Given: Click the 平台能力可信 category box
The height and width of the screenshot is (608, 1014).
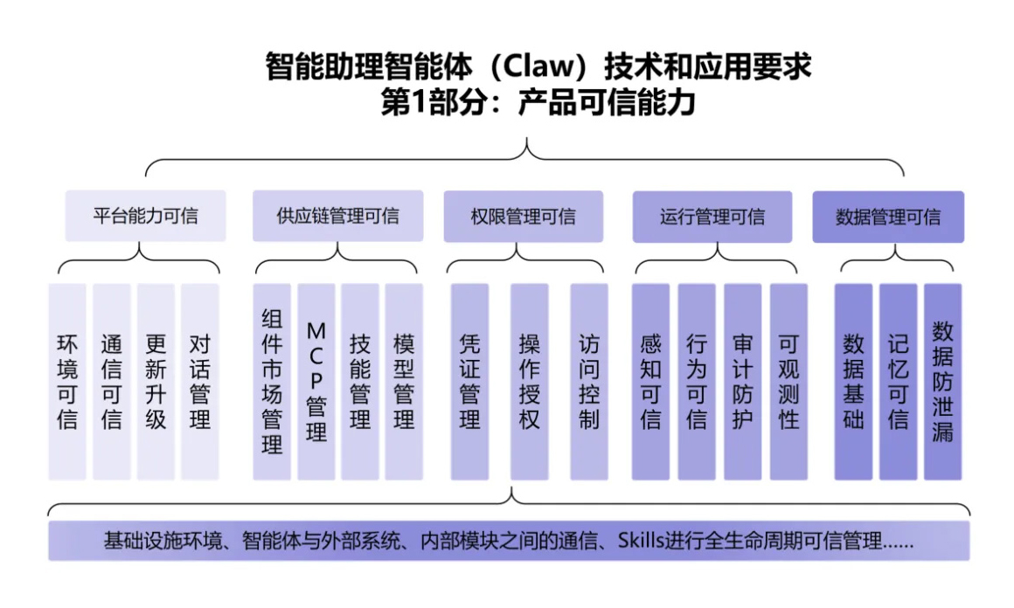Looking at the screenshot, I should pos(145,217).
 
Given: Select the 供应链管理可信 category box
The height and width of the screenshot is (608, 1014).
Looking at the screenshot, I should pos(337,217).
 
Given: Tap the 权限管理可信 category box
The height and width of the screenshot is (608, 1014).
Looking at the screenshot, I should pos(523,217).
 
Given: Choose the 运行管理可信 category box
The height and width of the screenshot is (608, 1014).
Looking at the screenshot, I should pos(712,217).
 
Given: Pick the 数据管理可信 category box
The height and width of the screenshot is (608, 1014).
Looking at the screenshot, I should pos(888,217).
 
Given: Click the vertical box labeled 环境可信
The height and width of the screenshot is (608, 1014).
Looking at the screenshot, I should pos(67,382).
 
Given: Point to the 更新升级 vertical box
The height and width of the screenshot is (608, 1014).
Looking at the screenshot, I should pos(156,382).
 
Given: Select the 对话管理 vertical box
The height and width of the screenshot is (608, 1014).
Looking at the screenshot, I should pos(199,382).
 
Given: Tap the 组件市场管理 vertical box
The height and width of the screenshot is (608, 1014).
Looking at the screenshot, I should pos(272,382).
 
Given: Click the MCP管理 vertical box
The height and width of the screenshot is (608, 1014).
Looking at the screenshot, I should pos(316,382).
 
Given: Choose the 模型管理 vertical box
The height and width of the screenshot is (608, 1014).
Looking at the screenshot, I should pos(404,382).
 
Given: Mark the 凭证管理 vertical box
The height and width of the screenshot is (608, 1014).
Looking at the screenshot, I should pos(469,382).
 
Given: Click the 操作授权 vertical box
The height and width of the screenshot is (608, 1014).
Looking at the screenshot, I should pos(529,382).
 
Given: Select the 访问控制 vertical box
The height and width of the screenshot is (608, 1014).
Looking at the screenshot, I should pos(589,382).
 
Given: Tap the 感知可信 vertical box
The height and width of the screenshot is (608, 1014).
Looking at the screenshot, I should pos(650,382).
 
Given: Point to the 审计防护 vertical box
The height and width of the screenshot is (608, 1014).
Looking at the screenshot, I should pos(742,382).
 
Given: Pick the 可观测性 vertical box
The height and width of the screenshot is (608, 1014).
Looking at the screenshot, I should pos(788,382).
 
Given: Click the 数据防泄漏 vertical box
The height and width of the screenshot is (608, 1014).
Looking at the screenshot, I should pos(942,382).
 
